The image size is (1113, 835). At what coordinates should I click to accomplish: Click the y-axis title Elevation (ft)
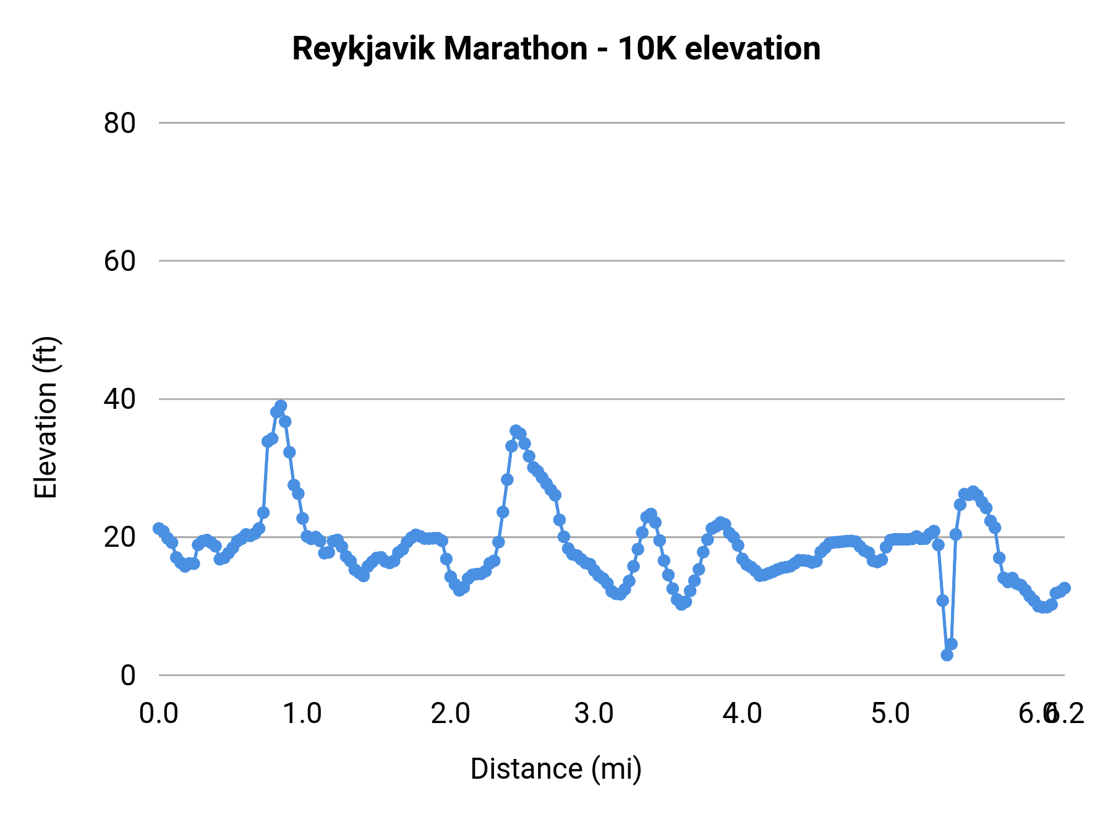(45, 417)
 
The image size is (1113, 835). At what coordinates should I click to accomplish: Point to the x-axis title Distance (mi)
(556, 769)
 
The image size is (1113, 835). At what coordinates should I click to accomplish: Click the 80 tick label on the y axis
(119, 123)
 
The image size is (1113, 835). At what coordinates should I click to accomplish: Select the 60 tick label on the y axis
(119, 261)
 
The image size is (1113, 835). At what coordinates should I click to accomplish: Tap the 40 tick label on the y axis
(119, 399)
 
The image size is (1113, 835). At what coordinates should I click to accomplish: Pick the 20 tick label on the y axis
(119, 537)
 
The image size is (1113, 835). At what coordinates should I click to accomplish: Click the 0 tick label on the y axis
(128, 675)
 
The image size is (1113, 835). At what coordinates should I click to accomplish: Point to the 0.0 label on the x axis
(159, 713)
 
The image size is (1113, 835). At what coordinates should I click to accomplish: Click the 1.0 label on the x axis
(302, 713)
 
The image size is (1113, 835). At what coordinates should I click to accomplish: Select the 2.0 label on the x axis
(451, 713)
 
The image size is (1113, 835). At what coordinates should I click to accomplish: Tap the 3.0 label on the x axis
(594, 713)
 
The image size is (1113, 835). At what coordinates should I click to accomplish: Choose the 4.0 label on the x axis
(742, 713)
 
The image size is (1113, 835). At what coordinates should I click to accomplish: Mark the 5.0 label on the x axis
(890, 713)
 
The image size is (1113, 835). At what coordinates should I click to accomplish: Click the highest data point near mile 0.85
(281, 406)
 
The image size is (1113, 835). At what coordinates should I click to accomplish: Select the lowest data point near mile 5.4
(947, 654)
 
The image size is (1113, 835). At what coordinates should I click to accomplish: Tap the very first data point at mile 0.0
(159, 528)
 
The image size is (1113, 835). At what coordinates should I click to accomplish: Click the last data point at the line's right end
(1064, 588)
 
